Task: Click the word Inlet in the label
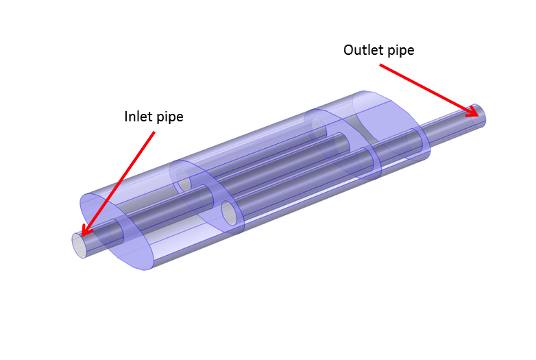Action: [x=137, y=117]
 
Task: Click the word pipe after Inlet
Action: [x=168, y=117]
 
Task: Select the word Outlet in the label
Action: [x=361, y=50]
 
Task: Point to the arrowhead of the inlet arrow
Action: [x=84, y=232]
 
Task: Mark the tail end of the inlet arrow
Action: [x=154, y=133]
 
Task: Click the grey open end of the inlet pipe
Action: [x=80, y=244]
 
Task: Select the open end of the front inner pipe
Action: [x=231, y=215]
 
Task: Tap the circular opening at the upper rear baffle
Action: [x=318, y=126]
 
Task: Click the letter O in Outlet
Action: [x=349, y=50]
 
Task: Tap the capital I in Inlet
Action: [x=126, y=117]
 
